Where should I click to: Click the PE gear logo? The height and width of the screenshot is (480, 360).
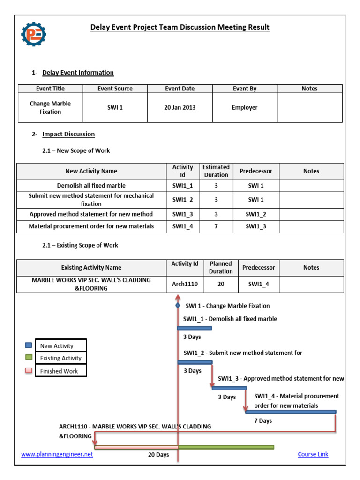[x=34, y=34]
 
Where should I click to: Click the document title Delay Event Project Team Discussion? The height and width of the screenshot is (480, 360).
[x=180, y=27]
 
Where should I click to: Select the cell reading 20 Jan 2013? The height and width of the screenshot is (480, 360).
[x=180, y=107]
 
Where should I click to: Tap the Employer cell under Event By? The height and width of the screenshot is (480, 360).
[x=245, y=107]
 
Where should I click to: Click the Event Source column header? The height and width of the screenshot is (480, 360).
[x=115, y=89]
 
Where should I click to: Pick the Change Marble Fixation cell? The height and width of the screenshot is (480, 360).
[x=50, y=107]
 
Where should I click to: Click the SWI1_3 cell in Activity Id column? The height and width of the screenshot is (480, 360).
[x=182, y=214]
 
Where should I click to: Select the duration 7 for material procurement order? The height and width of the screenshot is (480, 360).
[x=216, y=226]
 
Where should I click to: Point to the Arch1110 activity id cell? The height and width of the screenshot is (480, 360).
[x=185, y=284]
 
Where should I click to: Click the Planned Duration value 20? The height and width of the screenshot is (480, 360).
[x=221, y=284]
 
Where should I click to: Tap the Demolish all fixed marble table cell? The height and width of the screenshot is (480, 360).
[x=91, y=186]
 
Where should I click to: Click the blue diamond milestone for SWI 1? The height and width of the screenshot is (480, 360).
[x=178, y=306]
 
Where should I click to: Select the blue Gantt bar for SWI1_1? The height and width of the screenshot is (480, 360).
[x=195, y=328]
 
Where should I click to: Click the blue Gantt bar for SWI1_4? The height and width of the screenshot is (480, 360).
[x=291, y=412]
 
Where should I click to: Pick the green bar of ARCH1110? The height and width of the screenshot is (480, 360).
[x=226, y=447]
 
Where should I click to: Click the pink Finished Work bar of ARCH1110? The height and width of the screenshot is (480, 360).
[x=136, y=447]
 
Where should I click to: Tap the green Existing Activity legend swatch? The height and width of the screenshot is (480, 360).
[x=29, y=358]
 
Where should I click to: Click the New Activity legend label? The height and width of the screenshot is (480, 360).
[x=57, y=346]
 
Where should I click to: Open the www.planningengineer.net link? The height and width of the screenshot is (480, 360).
[x=57, y=454]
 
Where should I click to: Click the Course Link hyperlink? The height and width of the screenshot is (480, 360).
[x=313, y=454]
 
